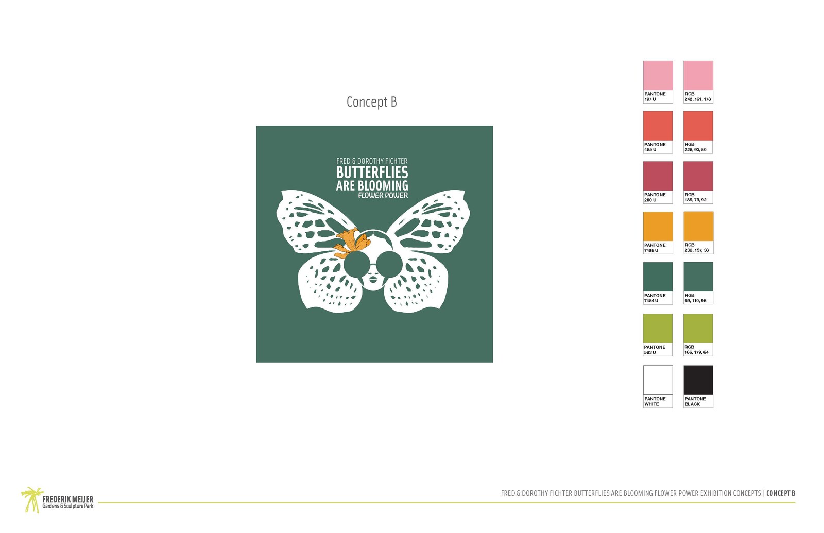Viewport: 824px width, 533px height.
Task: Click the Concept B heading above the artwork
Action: [371, 102]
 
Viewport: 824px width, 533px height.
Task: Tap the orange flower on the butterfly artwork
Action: [352, 243]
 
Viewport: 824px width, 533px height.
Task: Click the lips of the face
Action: [373, 279]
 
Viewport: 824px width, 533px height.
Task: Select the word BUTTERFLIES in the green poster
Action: [372, 173]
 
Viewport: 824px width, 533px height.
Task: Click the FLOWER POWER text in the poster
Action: [383, 196]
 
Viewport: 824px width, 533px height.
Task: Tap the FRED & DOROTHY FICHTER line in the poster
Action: [372, 161]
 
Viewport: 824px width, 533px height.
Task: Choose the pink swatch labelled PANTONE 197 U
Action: [658, 75]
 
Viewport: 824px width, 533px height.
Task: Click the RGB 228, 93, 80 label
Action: [695, 147]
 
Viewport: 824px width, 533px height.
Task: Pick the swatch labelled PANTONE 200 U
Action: [658, 176]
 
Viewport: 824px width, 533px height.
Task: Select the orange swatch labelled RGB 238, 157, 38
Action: [698, 226]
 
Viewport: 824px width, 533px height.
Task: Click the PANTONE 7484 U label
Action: [655, 298]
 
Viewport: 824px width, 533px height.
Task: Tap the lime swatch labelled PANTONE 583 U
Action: [657, 328]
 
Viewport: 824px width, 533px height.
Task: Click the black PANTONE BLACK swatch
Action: [698, 380]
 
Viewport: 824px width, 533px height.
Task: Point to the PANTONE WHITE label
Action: [655, 401]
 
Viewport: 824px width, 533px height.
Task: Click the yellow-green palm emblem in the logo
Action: [32, 500]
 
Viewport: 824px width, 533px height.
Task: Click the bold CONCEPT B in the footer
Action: [781, 493]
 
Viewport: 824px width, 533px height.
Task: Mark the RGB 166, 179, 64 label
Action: [696, 350]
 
